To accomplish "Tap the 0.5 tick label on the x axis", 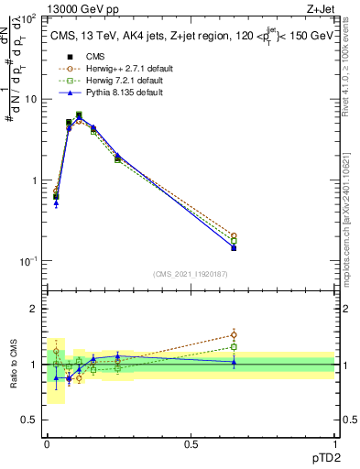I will tap(191, 444).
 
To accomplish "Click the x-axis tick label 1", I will tap(334, 444).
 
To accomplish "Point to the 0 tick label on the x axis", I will tap(47, 444).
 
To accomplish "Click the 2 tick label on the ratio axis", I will tap(34, 309).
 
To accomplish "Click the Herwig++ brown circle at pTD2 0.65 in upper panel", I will tap(234, 235).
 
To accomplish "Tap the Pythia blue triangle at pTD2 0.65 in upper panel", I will tap(234, 247).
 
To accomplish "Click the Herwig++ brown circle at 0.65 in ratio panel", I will tap(234, 334).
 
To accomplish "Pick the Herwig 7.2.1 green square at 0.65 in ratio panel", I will tap(234, 346).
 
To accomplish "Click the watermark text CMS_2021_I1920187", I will tap(191, 274).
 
